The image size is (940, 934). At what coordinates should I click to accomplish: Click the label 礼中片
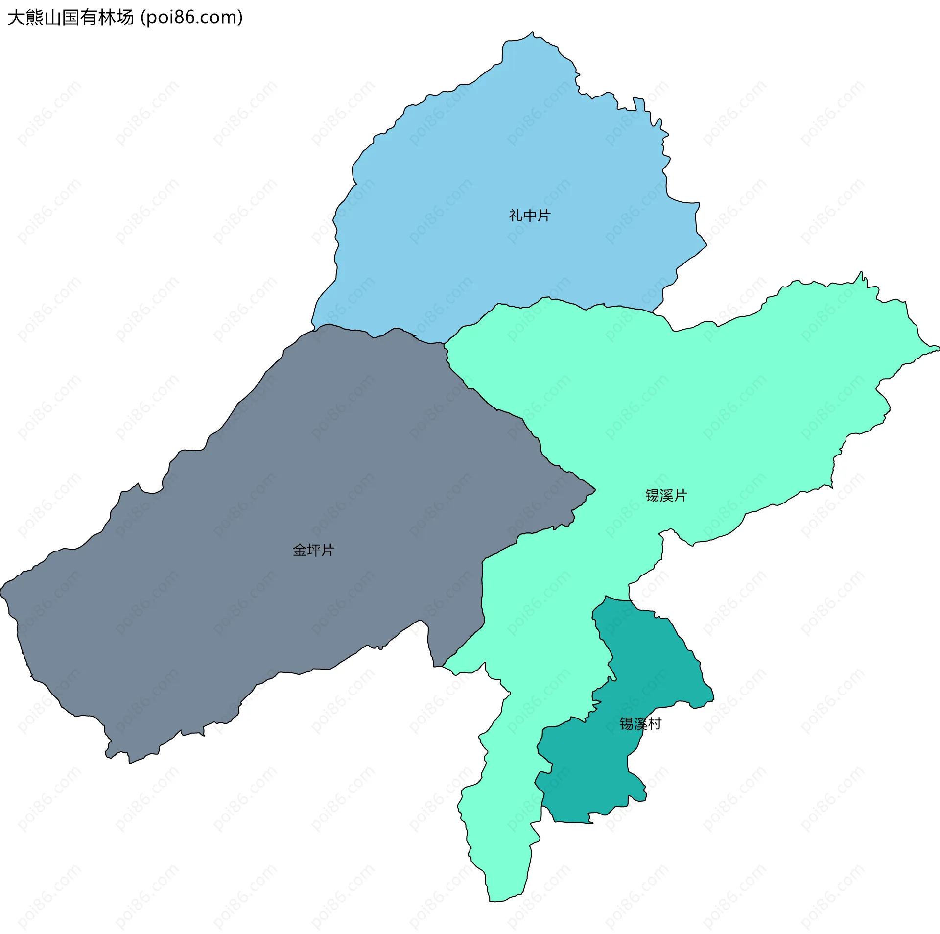[x=530, y=216]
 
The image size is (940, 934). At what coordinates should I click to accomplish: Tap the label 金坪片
[x=313, y=551]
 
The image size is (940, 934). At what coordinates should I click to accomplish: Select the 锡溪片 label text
[x=666, y=496]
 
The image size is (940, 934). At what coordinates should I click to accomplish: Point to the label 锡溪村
[x=640, y=724]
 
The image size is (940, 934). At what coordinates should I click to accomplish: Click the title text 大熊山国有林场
[x=70, y=18]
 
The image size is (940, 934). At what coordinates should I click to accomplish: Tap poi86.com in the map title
[x=191, y=18]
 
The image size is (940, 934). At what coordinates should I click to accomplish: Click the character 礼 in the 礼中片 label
[x=516, y=216]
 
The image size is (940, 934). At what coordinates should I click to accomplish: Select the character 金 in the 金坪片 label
[x=300, y=551]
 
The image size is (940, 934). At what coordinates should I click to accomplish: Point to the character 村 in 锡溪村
[x=655, y=724]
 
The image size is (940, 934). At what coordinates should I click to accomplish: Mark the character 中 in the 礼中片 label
[x=530, y=216]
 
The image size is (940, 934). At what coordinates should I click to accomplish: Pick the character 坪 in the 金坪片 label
[x=313, y=551]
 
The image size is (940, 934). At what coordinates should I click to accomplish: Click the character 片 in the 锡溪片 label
[x=681, y=496]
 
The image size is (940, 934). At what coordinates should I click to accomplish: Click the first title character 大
[x=16, y=18]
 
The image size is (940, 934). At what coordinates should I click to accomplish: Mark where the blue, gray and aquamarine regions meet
[x=444, y=344]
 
